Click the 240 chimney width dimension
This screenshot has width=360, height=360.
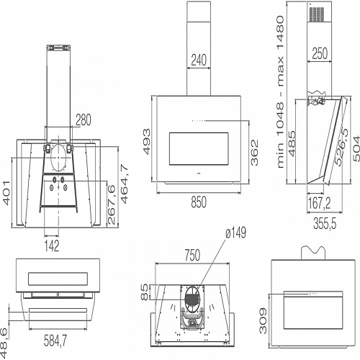[x=199, y=60]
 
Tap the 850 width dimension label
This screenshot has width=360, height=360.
[x=199, y=202]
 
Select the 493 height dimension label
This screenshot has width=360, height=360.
[x=147, y=142]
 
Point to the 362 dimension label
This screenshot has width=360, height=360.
[x=254, y=153]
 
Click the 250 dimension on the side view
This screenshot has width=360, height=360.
[x=320, y=53]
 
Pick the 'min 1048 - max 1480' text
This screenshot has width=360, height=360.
[x=280, y=92]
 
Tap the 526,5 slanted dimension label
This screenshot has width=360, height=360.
[x=342, y=147]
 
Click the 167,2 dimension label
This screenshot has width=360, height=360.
[x=319, y=203]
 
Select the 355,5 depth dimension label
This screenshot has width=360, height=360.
[x=325, y=224]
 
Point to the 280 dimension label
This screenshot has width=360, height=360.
[x=84, y=120]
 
